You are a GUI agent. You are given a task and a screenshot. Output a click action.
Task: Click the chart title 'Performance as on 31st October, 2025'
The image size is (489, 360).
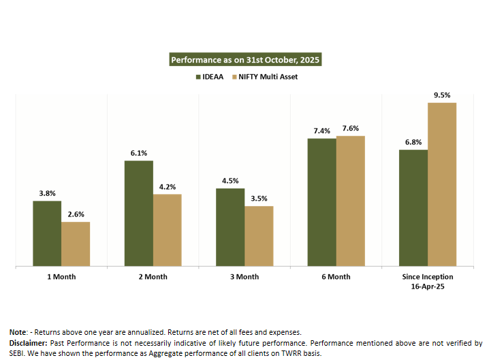[x=245, y=60]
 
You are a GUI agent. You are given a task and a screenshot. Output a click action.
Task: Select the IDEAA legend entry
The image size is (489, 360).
[x=213, y=77]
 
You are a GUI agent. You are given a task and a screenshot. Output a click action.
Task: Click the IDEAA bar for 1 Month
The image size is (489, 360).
[x=47, y=233]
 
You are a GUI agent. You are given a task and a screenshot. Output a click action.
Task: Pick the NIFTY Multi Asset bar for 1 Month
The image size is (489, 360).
[x=76, y=244]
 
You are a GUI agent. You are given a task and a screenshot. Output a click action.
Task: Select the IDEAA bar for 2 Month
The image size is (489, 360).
[x=139, y=213]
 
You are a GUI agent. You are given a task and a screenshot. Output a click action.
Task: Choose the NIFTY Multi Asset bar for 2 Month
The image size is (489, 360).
[x=168, y=229]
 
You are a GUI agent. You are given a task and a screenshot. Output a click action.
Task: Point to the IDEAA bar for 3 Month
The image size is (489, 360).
[x=230, y=227]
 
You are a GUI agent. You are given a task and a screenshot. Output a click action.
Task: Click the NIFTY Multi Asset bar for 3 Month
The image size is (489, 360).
[x=259, y=235]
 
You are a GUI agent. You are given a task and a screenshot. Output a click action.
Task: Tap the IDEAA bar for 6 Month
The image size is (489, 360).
[x=321, y=202]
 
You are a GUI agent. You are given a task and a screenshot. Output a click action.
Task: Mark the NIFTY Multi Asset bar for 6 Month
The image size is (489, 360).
[x=351, y=201]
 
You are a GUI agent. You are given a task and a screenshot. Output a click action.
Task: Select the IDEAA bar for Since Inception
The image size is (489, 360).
[x=413, y=208]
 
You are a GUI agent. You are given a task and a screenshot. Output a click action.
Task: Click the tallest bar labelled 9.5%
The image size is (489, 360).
[x=442, y=184]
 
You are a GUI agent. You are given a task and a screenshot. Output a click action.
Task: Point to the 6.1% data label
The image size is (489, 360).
[x=139, y=153]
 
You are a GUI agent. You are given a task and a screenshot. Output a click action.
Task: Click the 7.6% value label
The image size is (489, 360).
[x=351, y=128]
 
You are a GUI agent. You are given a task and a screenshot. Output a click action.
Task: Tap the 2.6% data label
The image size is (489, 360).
[x=76, y=214]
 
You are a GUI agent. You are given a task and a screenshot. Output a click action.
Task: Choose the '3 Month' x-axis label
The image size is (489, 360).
[x=245, y=277]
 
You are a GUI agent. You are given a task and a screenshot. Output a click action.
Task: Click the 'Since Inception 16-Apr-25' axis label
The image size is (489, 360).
[x=428, y=282]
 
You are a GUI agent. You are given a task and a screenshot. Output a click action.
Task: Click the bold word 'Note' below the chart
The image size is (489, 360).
[x=18, y=331]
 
